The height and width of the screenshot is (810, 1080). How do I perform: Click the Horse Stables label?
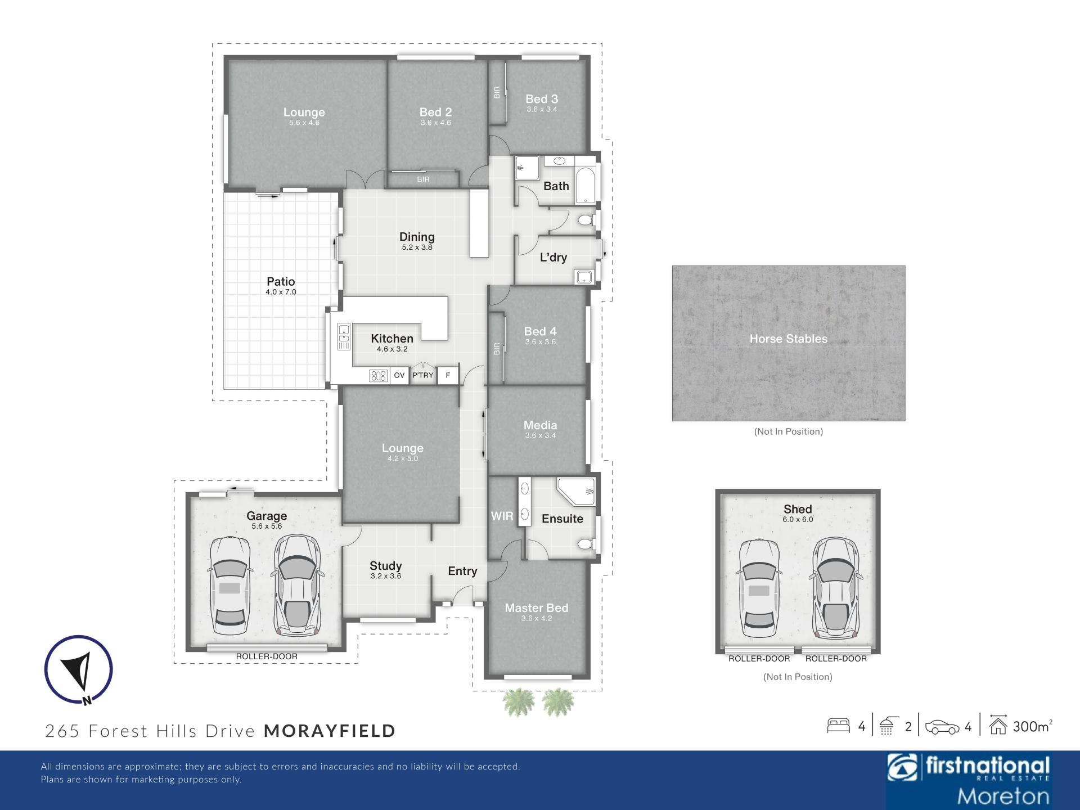(x=788, y=339)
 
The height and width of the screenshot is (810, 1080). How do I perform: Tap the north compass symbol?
(x=79, y=670)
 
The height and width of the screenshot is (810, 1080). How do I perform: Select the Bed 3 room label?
(x=542, y=99)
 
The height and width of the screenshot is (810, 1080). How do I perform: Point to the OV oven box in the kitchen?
(x=399, y=375)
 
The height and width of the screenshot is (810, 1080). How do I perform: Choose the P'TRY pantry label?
(x=423, y=375)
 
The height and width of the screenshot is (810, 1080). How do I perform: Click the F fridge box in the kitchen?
(x=448, y=375)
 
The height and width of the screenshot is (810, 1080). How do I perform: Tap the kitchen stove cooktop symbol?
(x=379, y=375)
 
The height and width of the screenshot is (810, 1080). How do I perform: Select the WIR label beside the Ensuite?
(x=502, y=516)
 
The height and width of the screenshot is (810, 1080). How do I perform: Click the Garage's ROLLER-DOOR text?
(x=267, y=656)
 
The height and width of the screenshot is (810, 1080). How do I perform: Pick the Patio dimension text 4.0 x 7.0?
(x=281, y=292)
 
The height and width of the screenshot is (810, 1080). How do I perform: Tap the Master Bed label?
(x=536, y=607)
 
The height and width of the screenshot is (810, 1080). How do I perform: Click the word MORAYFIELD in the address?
(x=330, y=731)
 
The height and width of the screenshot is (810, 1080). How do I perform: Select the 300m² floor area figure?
(x=1033, y=726)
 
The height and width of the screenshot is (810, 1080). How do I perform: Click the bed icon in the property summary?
(x=838, y=726)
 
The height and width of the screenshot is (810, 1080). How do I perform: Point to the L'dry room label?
(x=553, y=257)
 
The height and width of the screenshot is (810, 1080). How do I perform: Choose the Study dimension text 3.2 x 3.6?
(x=386, y=576)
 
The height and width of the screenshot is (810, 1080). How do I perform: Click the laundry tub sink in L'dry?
(x=584, y=277)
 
